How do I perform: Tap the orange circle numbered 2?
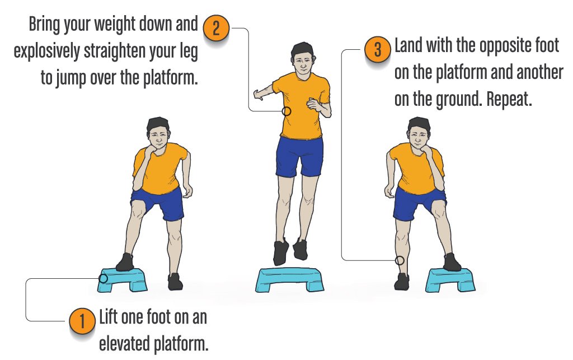[215, 29]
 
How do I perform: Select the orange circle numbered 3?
[377, 50]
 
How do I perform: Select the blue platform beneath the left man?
[122, 278]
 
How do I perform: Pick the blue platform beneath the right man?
[450, 279]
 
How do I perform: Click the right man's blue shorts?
[419, 202]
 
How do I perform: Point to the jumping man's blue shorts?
[299, 156]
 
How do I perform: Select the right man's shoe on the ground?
[401, 281]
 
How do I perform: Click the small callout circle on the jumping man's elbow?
[286, 111]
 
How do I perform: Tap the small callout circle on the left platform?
[103, 278]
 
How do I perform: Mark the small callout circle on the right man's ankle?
[400, 260]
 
